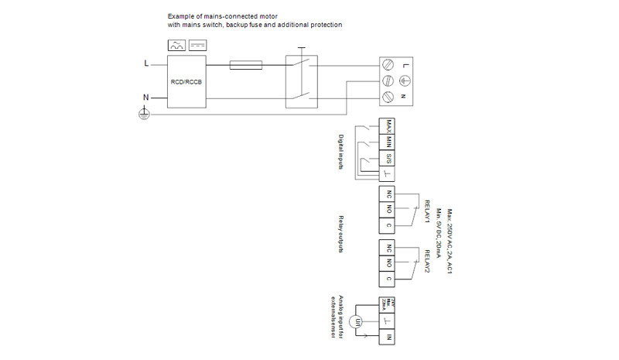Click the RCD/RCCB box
(x=186, y=81)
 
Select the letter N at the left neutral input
(x=145, y=97)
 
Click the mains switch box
(x=301, y=81)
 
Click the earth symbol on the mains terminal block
(x=404, y=81)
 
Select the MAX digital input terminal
(x=388, y=129)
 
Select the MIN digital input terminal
(x=388, y=143)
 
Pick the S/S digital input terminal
(x=388, y=159)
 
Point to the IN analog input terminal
(x=389, y=338)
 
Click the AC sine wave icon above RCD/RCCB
(x=176, y=46)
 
